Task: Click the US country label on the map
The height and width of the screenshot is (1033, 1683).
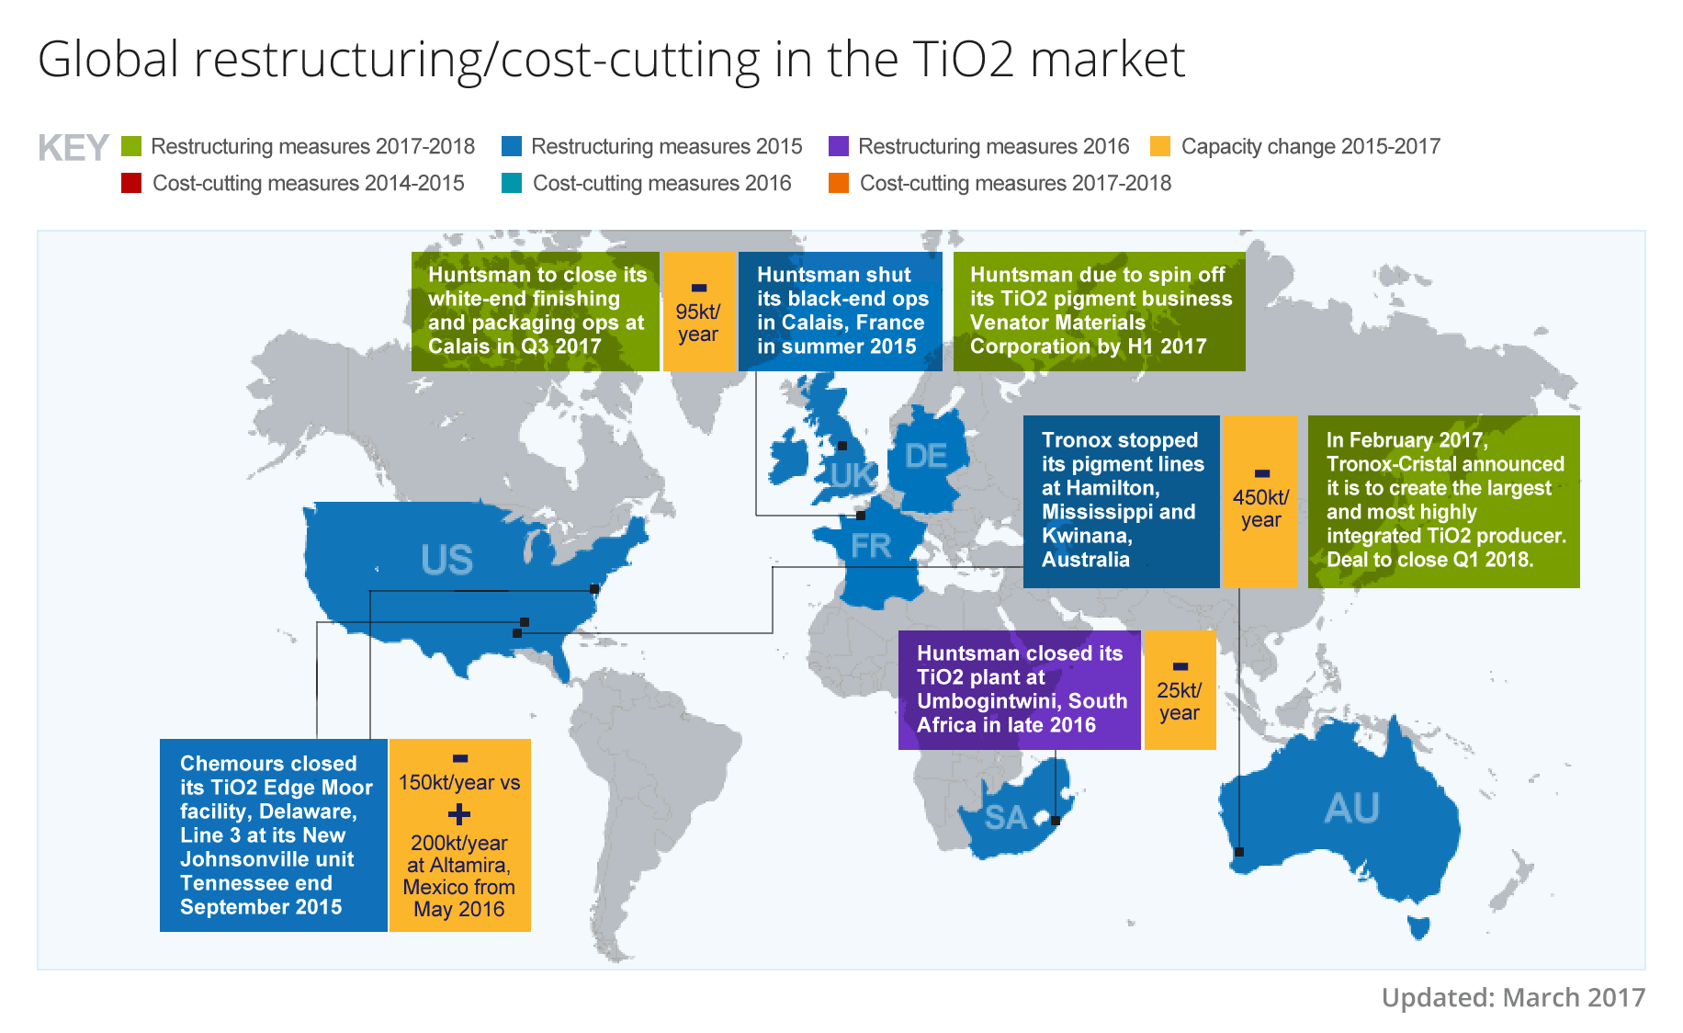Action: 446,560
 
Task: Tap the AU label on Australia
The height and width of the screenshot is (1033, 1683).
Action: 1351,809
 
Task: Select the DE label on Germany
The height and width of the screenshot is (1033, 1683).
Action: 925,457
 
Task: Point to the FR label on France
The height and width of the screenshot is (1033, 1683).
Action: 871,547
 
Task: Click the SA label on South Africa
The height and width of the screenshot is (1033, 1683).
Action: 1005,817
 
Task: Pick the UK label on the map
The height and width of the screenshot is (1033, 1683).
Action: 852,476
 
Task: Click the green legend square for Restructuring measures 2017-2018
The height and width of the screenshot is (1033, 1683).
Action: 131,147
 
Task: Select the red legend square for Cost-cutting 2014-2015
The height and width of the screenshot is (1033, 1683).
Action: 131,183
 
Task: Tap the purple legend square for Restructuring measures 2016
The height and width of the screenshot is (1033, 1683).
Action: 838,147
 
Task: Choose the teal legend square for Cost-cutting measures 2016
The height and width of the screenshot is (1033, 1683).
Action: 512,183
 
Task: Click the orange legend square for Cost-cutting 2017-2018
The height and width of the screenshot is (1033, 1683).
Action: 838,183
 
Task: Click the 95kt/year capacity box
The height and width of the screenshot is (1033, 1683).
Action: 698,312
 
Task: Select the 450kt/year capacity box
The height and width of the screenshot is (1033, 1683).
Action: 1260,502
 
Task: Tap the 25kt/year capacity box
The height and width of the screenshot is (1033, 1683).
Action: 1180,690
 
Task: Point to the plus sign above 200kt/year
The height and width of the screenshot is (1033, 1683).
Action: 459,814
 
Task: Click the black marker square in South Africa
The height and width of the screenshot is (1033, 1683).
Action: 1056,821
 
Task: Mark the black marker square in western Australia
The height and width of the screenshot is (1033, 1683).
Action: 1239,852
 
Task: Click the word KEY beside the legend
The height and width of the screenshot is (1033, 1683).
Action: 73,148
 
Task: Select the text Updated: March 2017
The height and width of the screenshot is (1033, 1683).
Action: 1513,998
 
